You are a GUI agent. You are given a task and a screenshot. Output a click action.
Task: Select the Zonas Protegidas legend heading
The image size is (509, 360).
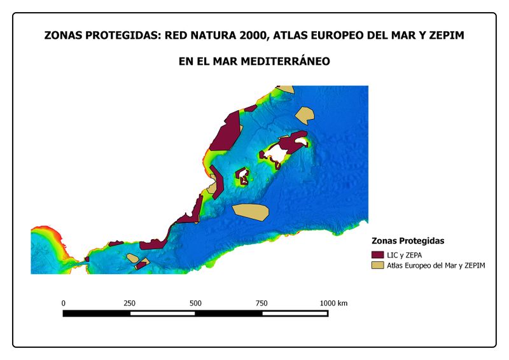pyautogui.click(x=407, y=241)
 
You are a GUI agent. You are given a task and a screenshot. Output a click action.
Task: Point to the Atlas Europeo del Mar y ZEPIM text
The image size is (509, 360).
pyautogui.click(x=436, y=265)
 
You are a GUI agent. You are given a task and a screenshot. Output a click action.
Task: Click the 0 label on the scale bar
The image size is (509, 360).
pyautogui.click(x=63, y=303)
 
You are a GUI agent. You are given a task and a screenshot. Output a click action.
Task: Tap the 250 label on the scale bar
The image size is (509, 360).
pyautogui.click(x=129, y=303)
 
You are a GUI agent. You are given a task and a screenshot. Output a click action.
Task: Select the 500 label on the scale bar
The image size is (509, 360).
pyautogui.click(x=195, y=303)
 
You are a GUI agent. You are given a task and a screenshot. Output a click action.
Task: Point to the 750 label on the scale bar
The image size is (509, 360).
pyautogui.click(x=261, y=303)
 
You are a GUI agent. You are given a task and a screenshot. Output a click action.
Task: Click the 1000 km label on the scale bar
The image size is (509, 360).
pyautogui.click(x=333, y=303)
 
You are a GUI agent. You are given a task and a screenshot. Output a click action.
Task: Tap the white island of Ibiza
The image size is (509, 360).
pyautogui.click(x=242, y=176)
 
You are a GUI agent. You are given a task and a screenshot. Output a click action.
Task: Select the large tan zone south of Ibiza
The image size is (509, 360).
pyautogui.click(x=251, y=212)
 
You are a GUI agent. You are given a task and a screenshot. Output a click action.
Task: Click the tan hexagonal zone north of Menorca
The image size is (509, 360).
pyautogui.click(x=305, y=114)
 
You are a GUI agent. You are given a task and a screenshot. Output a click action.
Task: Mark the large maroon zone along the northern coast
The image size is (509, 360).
pyautogui.click(x=227, y=134)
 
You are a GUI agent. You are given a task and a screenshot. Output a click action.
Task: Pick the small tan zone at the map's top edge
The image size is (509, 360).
pyautogui.click(x=284, y=90)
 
